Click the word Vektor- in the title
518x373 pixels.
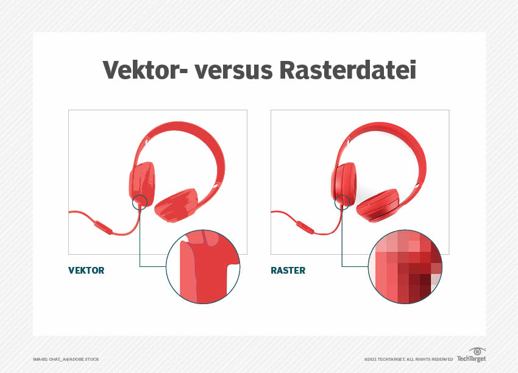click(146, 69)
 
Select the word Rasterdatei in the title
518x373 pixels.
click(347, 69)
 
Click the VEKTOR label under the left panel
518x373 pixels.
click(86, 270)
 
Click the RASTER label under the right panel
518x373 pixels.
click(288, 270)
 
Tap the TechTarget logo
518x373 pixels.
click(472, 355)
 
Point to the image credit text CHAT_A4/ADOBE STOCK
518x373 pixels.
click(74, 359)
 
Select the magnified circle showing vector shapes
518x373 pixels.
click(203, 266)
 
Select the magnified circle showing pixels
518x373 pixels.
click(405, 266)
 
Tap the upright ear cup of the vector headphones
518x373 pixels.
click(142, 183)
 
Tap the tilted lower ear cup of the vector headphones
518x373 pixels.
click(176, 205)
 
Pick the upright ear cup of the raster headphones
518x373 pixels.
click(344, 183)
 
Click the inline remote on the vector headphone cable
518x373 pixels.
click(104, 228)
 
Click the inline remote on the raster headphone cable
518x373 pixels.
click(305, 228)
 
